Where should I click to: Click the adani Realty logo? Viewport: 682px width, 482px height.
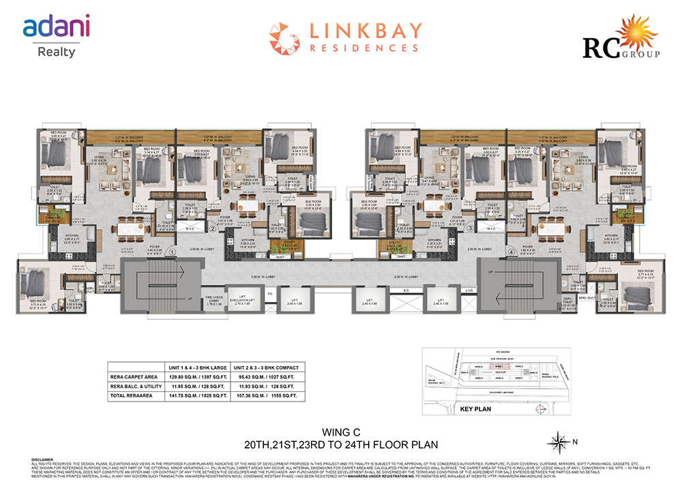click(x=56, y=37)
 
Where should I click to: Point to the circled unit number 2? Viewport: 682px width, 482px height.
click(x=213, y=229)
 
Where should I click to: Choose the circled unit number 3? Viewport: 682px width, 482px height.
click(x=470, y=229)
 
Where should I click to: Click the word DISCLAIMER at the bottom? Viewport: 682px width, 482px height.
click(x=42, y=460)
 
